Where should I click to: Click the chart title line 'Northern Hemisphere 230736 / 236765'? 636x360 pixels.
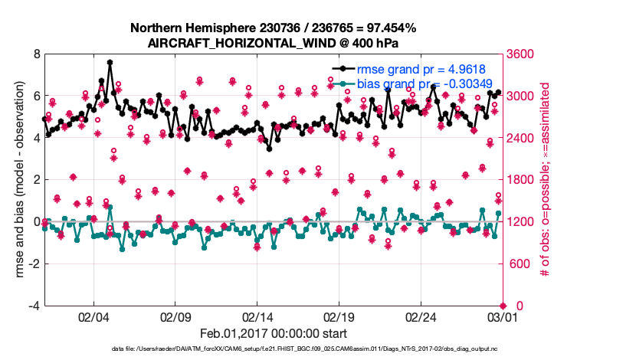click(x=274, y=28)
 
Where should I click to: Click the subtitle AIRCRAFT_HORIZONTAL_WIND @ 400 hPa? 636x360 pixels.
click(x=274, y=43)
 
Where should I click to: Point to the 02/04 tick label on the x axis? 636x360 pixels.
click(x=93, y=316)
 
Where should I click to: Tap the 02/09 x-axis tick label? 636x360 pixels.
click(x=175, y=316)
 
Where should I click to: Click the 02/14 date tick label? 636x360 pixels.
click(x=257, y=316)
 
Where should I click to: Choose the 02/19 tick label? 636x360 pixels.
click(x=339, y=316)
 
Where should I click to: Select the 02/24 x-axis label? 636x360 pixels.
click(x=421, y=316)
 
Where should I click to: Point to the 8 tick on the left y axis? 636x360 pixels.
click(x=36, y=54)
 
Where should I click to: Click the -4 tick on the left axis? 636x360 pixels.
click(x=34, y=306)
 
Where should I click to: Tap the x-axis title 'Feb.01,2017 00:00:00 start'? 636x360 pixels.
click(x=274, y=333)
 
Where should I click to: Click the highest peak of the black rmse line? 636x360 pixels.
click(x=110, y=63)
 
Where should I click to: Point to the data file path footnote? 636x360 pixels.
click(x=274, y=349)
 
